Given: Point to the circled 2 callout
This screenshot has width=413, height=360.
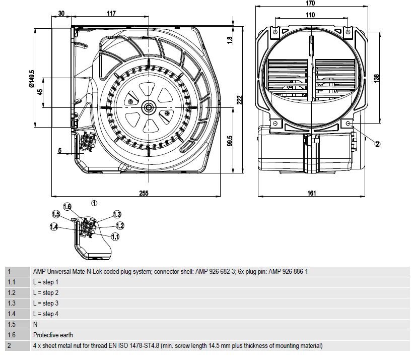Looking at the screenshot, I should [x=377, y=143].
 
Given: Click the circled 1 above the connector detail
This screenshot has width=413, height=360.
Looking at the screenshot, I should [x=94, y=203].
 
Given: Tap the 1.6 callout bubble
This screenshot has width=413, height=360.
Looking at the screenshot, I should [x=67, y=206].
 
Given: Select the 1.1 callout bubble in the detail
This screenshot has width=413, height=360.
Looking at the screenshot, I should [x=115, y=236].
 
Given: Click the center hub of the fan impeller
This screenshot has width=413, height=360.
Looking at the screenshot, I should [x=149, y=107].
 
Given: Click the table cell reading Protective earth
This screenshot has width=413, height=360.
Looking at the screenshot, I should [x=53, y=335].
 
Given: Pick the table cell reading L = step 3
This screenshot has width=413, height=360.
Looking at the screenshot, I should [x=46, y=303].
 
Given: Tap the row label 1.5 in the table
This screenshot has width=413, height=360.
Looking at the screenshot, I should [x=12, y=324].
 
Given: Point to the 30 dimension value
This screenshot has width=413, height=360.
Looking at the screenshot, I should [x=61, y=14].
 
